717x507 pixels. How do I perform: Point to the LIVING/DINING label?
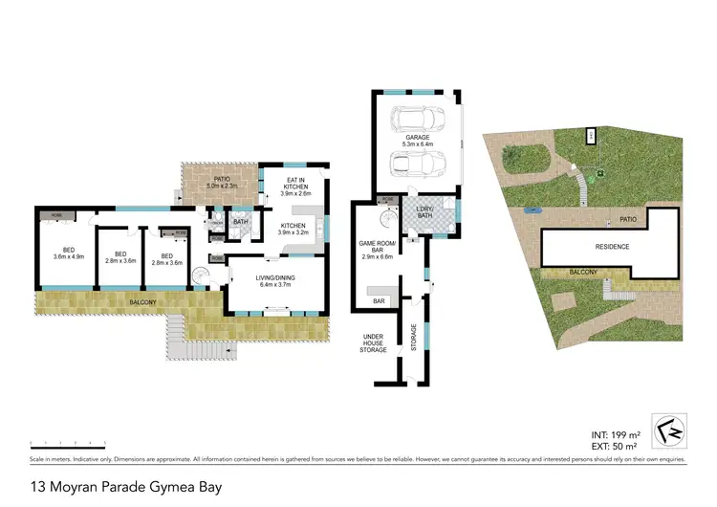tap(274, 281)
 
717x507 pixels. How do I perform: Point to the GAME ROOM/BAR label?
tap(376, 250)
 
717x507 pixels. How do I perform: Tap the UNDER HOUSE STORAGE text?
tap(373, 343)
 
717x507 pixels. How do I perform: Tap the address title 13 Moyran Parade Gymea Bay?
tap(127, 487)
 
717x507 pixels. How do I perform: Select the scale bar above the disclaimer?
tap(67, 443)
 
